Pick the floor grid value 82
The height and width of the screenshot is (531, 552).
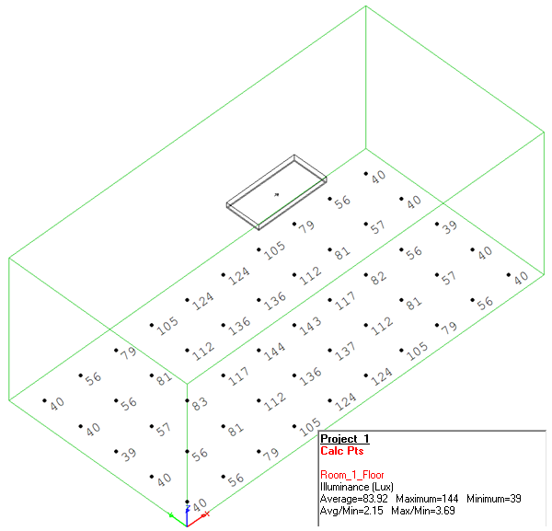click(x=377, y=277)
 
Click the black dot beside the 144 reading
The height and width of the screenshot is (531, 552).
click(x=259, y=350)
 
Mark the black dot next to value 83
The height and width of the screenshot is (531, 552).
click(x=188, y=401)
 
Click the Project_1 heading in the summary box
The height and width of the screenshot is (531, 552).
click(x=345, y=439)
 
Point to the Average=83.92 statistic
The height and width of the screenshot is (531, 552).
click(x=356, y=498)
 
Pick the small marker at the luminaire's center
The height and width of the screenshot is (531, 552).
click(x=276, y=193)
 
